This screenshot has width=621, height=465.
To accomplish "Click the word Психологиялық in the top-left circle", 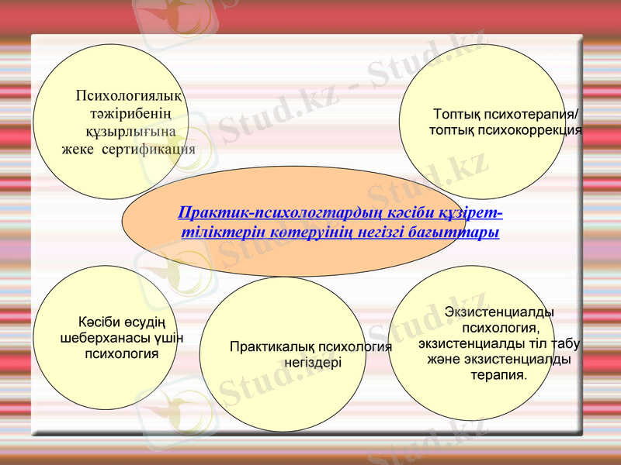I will pyautogui.click(x=129, y=97).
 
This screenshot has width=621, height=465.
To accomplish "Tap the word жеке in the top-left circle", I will pyautogui.click(x=78, y=149).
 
